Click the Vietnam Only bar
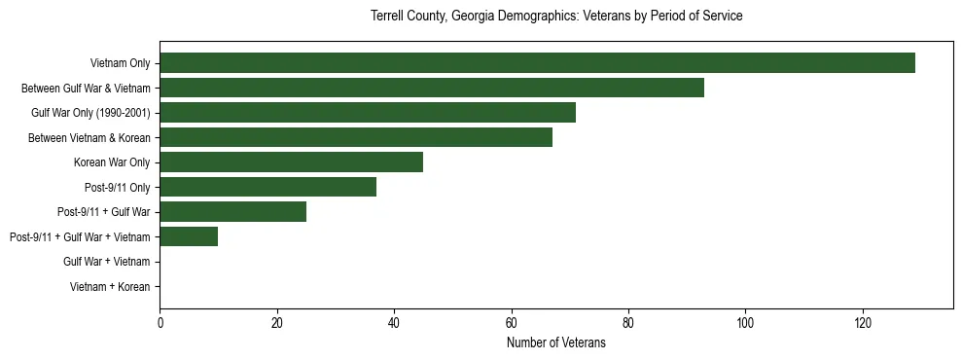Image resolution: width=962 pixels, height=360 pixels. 537,63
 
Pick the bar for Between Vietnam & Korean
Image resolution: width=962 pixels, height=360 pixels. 356,137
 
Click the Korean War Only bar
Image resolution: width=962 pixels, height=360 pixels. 292,162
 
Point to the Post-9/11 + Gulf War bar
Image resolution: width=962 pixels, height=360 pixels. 233,212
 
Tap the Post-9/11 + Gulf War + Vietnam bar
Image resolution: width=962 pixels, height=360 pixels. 189,236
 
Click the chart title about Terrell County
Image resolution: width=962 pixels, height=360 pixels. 556,17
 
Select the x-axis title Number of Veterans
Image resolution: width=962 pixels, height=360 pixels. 556,342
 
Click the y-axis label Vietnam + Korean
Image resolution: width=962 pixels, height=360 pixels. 110,287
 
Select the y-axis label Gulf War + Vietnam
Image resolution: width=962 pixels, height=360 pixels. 107,262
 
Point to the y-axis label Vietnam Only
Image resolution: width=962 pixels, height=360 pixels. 120,63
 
